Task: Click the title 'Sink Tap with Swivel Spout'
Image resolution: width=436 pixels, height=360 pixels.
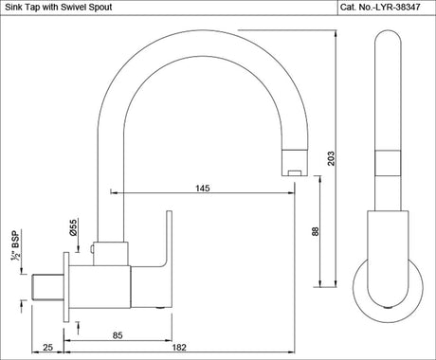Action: (x=60, y=8)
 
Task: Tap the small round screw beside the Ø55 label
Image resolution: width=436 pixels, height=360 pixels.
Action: (x=92, y=251)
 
